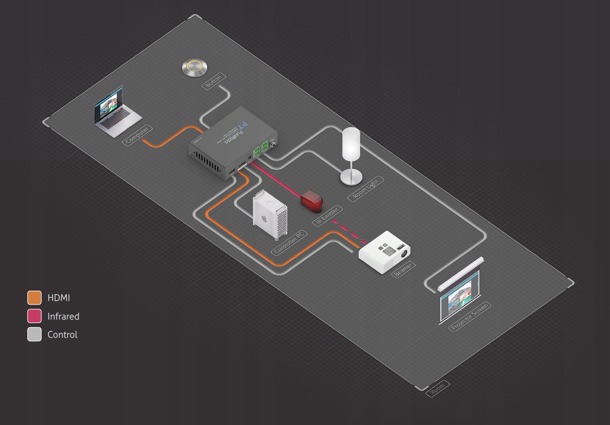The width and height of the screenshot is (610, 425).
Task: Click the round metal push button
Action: pos(194,67)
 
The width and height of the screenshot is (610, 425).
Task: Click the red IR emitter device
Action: pos(312,200)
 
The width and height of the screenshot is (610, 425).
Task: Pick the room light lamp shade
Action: pos(351,144)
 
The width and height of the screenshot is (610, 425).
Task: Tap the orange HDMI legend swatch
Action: pos(34,298)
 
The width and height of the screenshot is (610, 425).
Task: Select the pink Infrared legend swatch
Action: pos(34,316)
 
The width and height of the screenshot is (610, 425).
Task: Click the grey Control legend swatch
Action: pos(34,334)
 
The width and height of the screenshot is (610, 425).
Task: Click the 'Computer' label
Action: pos(137,135)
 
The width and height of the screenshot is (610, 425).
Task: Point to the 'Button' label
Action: pos(214,81)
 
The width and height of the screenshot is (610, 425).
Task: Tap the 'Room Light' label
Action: pos(366,189)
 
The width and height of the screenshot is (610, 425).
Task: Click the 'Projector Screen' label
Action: pos(470,316)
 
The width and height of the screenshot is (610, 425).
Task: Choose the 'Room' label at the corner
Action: pos(437,388)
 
